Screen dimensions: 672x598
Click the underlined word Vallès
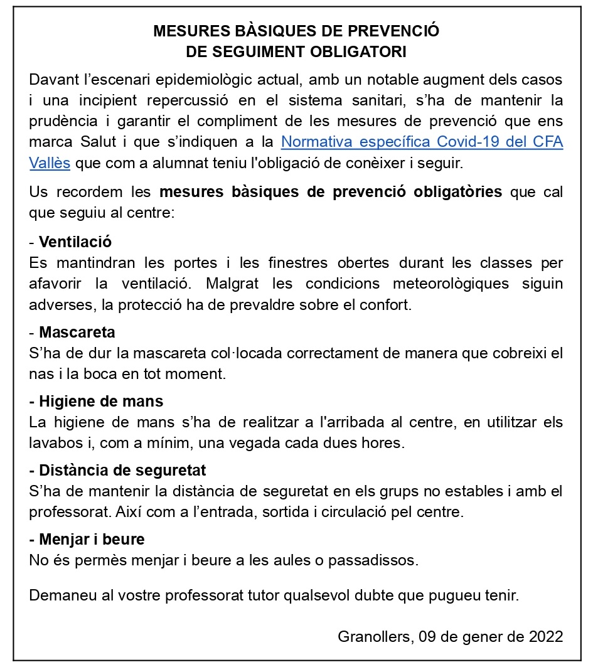click(x=50, y=163)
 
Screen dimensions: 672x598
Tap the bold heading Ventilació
click(x=75, y=242)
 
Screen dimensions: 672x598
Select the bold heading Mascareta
click(x=77, y=332)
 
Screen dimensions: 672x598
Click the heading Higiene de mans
click(x=101, y=402)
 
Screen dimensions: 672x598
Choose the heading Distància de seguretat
click(x=122, y=471)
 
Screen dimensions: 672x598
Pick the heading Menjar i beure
click(x=92, y=539)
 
